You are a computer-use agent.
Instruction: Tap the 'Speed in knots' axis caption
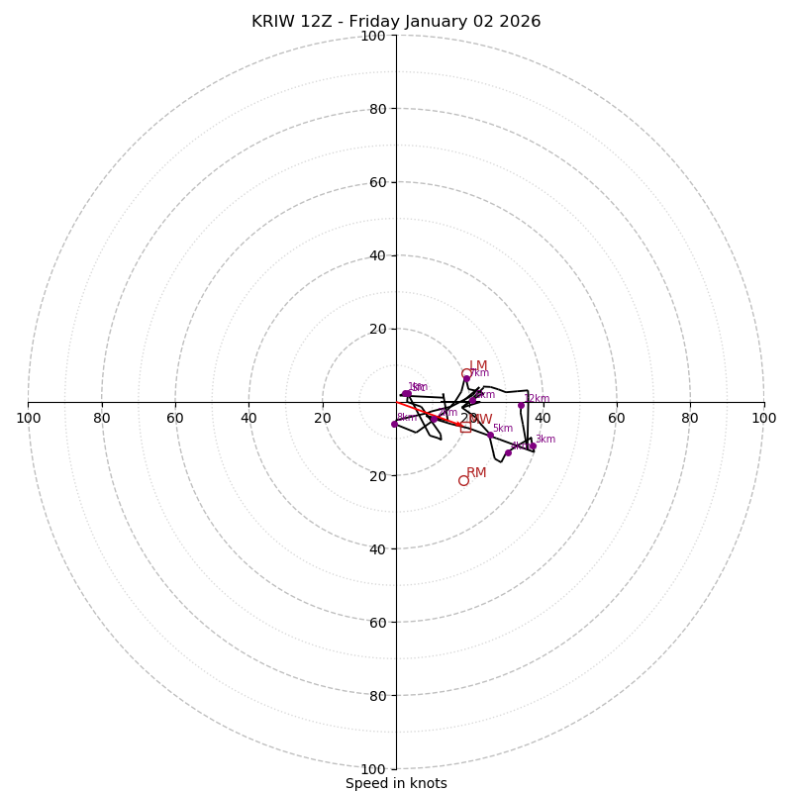click(396, 784)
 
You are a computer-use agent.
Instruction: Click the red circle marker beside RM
click(463, 480)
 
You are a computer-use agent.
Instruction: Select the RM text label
click(476, 473)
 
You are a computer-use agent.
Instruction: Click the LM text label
click(478, 366)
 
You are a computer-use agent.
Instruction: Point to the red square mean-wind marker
click(465, 427)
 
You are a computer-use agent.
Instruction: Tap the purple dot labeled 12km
click(521, 405)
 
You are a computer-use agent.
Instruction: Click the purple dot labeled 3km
click(532, 445)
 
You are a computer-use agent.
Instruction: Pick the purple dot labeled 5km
click(490, 435)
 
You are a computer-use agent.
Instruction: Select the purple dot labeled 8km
click(394, 424)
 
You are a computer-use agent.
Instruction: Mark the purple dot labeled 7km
click(466, 378)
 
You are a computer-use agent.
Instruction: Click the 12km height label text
click(537, 399)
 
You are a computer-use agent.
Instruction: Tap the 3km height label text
click(545, 440)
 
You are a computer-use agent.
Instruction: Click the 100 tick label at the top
click(372, 36)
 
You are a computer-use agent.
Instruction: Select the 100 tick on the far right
click(763, 418)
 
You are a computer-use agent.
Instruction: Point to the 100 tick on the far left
click(29, 418)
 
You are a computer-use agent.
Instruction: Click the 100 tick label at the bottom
click(372, 768)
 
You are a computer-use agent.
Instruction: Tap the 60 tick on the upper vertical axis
click(376, 182)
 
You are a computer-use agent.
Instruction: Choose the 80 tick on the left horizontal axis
click(102, 418)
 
